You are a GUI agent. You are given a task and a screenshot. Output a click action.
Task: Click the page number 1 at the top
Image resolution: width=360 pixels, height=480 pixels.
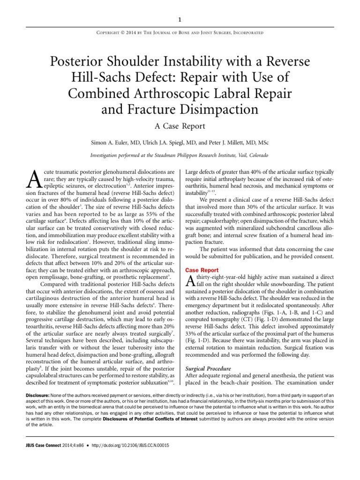(x=180, y=19)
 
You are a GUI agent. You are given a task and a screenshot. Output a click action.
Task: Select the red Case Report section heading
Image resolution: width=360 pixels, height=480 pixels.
(x=202, y=270)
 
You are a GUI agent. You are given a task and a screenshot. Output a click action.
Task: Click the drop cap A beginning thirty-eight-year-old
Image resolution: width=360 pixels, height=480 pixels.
(x=190, y=281)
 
